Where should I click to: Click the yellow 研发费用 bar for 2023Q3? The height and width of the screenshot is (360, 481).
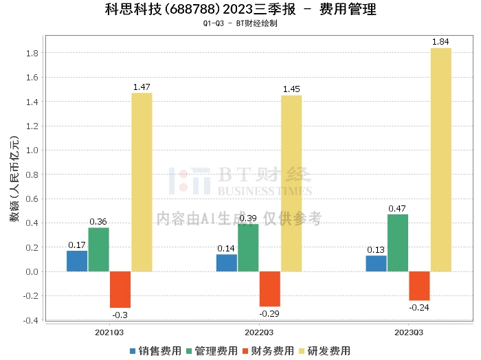click(440, 159)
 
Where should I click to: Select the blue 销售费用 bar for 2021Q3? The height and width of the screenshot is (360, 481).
click(77, 261)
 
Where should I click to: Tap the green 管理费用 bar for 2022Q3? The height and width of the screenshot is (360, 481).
click(248, 247)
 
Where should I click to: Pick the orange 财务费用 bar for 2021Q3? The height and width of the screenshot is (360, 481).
click(120, 289)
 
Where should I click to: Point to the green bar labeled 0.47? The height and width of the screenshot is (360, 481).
click(397, 243)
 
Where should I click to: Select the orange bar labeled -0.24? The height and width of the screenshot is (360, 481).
click(419, 286)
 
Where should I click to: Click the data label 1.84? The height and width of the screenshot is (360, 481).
click(440, 43)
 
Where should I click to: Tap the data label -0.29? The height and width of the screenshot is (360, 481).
click(269, 313)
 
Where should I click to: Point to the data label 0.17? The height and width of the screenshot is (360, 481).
click(77, 245)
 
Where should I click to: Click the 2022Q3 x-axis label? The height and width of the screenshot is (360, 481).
click(258, 332)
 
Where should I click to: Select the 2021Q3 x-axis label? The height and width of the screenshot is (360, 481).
click(109, 332)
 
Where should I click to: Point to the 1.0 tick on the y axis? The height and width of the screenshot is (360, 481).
click(32, 150)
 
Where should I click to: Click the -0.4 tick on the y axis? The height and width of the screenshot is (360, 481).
click(31, 320)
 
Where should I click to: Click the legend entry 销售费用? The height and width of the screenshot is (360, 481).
click(156, 350)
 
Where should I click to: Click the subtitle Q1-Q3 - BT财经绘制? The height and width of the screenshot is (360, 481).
click(240, 23)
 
